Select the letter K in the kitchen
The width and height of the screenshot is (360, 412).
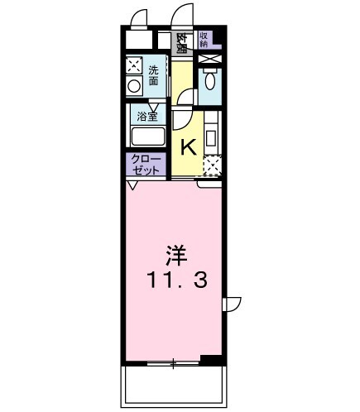(188, 148)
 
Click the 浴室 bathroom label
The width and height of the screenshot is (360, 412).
(146, 117)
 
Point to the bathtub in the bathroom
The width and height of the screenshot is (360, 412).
(147, 137)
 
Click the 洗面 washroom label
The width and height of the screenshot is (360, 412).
(155, 75)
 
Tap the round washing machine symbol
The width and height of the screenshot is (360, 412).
(133, 86)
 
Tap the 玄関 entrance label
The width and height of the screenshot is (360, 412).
(181, 41)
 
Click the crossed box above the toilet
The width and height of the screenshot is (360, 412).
(209, 60)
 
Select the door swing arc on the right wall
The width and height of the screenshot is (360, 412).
(233, 304)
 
